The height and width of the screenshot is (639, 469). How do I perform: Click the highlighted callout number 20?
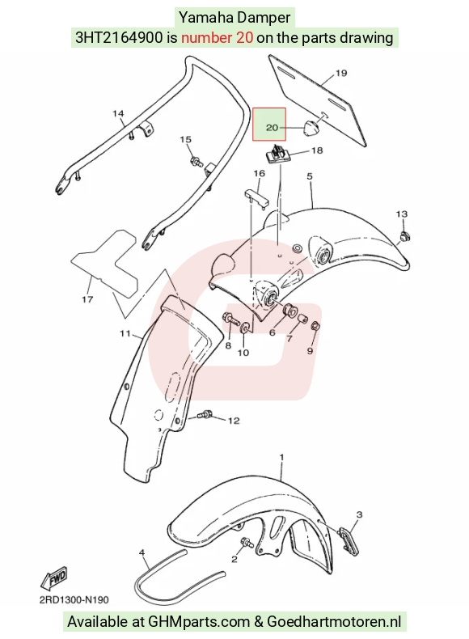click(272, 128)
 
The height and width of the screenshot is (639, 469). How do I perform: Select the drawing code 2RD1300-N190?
click(74, 600)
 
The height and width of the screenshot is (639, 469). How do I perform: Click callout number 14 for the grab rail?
click(118, 113)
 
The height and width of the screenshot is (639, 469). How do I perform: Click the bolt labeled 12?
click(204, 415)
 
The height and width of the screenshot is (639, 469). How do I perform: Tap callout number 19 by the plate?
click(341, 73)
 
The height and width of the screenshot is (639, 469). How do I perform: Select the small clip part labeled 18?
click(278, 153)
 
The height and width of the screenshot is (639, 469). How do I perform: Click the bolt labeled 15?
click(196, 161)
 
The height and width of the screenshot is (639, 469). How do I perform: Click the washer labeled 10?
click(245, 328)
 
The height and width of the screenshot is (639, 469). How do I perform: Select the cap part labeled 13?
click(405, 236)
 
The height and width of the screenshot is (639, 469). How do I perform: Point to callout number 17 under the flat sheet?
click(87, 299)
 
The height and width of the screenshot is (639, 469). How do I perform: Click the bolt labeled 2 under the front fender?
click(247, 543)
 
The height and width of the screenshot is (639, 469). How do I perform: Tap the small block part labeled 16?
click(256, 197)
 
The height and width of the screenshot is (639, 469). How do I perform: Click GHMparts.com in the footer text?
click(199, 622)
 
